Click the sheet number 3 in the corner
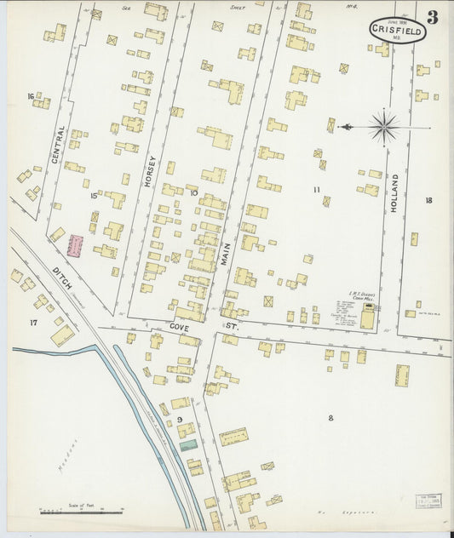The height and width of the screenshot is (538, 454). [433, 17]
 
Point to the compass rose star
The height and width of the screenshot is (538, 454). [384, 129]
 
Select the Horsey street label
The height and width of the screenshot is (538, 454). [150, 171]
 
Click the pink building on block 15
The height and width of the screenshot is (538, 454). [76, 246]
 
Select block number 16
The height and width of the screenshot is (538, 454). [31, 96]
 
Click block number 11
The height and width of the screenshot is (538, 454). [316, 190]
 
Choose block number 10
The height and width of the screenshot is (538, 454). [193, 193]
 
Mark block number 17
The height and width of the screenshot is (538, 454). [33, 322]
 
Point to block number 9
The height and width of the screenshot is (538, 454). [180, 421]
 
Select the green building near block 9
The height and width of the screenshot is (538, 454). [187, 444]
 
